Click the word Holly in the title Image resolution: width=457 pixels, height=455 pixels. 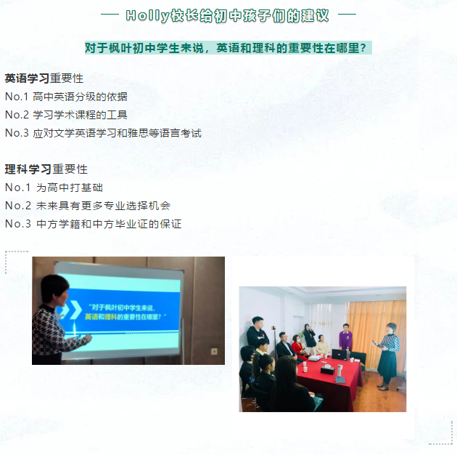(x=147, y=16)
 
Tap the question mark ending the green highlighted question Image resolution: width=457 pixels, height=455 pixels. (x=363, y=48)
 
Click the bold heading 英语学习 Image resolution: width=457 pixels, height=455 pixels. (x=27, y=78)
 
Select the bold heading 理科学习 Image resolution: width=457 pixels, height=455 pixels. (x=28, y=169)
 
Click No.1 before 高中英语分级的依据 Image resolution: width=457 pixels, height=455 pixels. (x=17, y=97)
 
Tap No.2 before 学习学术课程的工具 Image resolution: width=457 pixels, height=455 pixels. (x=17, y=115)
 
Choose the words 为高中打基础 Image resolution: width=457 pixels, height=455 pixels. (x=70, y=188)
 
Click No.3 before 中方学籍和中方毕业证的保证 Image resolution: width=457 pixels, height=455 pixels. (x=18, y=224)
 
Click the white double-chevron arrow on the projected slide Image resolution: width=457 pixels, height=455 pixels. (x=70, y=310)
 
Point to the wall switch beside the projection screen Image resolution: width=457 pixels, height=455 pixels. (x=214, y=351)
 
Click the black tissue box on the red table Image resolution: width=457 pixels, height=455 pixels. (x=329, y=369)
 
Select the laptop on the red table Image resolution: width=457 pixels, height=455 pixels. (x=339, y=354)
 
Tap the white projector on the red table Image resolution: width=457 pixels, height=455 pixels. (x=315, y=358)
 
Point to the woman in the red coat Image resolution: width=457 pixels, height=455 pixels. (x=298, y=346)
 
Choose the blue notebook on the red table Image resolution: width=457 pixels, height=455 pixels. (x=339, y=380)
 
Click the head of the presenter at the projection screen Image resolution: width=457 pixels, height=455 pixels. (x=54, y=290)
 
